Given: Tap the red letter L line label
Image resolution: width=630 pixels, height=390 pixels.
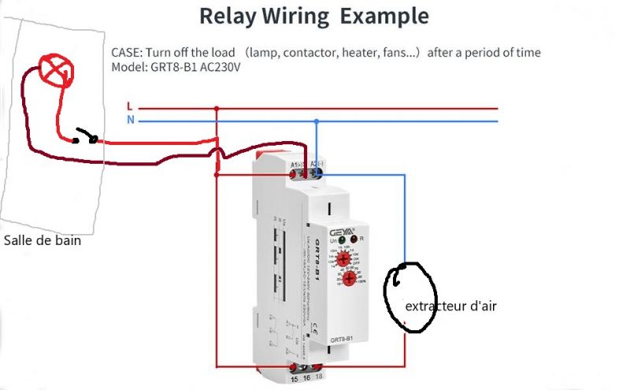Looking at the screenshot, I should click(130, 106).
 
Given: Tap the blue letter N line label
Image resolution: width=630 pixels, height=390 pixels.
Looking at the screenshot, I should click(130, 121).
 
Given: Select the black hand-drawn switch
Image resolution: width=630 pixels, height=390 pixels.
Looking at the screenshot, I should click(85, 139).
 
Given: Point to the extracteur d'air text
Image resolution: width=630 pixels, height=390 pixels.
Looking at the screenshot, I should click(450, 306).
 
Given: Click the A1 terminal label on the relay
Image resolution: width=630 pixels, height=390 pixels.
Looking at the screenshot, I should click(296, 165).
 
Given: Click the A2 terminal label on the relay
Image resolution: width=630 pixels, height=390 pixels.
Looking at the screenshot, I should click(314, 165).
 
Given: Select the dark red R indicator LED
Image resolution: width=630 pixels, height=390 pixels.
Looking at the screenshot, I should click(354, 239).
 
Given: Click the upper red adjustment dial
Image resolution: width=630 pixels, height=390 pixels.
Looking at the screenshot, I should click(344, 258).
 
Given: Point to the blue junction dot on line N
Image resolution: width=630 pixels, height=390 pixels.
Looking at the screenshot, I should click(317, 121).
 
